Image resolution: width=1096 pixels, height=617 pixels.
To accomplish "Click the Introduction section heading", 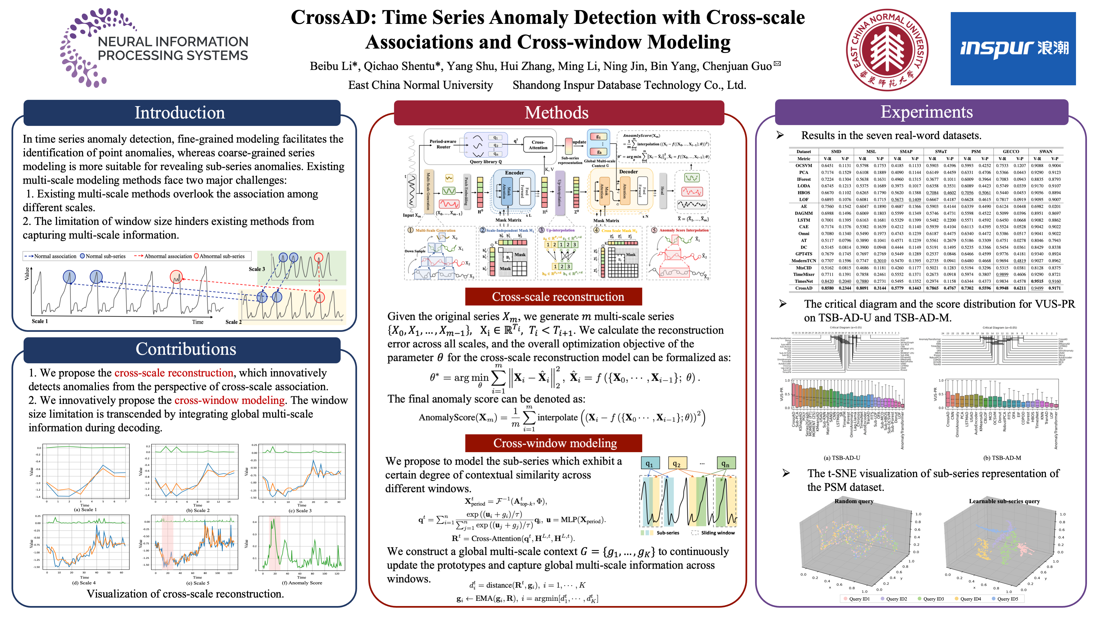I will pyautogui.click(x=180, y=113).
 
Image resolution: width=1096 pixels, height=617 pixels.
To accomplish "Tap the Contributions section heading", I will pyautogui.click(x=186, y=349).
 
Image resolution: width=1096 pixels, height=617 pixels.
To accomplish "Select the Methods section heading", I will pyautogui.click(x=557, y=113).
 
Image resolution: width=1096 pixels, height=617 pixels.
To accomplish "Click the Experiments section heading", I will pyautogui.click(x=926, y=112).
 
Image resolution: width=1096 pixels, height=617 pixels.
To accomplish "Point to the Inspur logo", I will pyautogui.click(x=1013, y=49).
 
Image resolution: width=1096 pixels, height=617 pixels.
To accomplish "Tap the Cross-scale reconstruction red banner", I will pyautogui.click(x=558, y=297).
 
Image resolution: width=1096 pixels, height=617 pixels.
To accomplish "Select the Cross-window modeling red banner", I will pyautogui.click(x=555, y=443).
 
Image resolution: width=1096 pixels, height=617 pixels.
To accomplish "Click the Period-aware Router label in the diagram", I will pyautogui.click(x=443, y=144).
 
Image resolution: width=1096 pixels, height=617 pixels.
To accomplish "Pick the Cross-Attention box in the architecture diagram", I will pyautogui.click(x=538, y=145).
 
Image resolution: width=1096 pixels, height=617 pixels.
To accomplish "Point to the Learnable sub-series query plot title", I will pyautogui.click(x=1004, y=501).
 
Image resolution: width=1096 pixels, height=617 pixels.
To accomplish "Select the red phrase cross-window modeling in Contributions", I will pyautogui.click(x=229, y=400).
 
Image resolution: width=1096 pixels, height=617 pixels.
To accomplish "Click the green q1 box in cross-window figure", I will pyautogui.click(x=650, y=464).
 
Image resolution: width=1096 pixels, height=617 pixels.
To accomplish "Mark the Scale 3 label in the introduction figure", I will pyautogui.click(x=257, y=269).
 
